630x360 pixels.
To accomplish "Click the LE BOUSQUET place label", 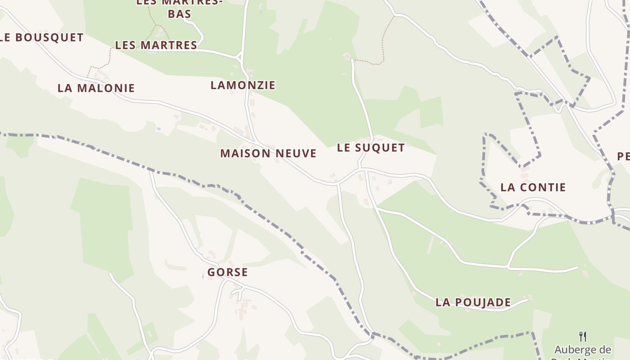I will [x=42, y=37].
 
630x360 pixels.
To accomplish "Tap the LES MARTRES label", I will [x=156, y=45].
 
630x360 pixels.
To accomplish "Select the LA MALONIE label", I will [x=96, y=88].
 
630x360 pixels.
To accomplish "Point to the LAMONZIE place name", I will [x=243, y=85].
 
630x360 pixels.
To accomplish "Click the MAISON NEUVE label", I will [x=268, y=153].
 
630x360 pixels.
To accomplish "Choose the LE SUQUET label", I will [x=371, y=148].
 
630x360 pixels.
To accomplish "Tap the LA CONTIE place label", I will [x=533, y=187].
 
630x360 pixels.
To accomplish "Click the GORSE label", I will [x=228, y=272].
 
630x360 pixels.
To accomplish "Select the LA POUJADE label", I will [x=473, y=302].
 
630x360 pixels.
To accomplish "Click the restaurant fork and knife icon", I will [x=583, y=336].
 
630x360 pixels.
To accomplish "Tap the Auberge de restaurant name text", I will [x=583, y=350].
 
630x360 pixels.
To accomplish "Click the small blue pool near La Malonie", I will [x=158, y=129].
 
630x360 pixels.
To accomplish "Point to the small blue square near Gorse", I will [x=203, y=277].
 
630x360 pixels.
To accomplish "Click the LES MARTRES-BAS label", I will [x=179, y=8].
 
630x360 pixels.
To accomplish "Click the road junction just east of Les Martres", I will [x=239, y=57].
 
